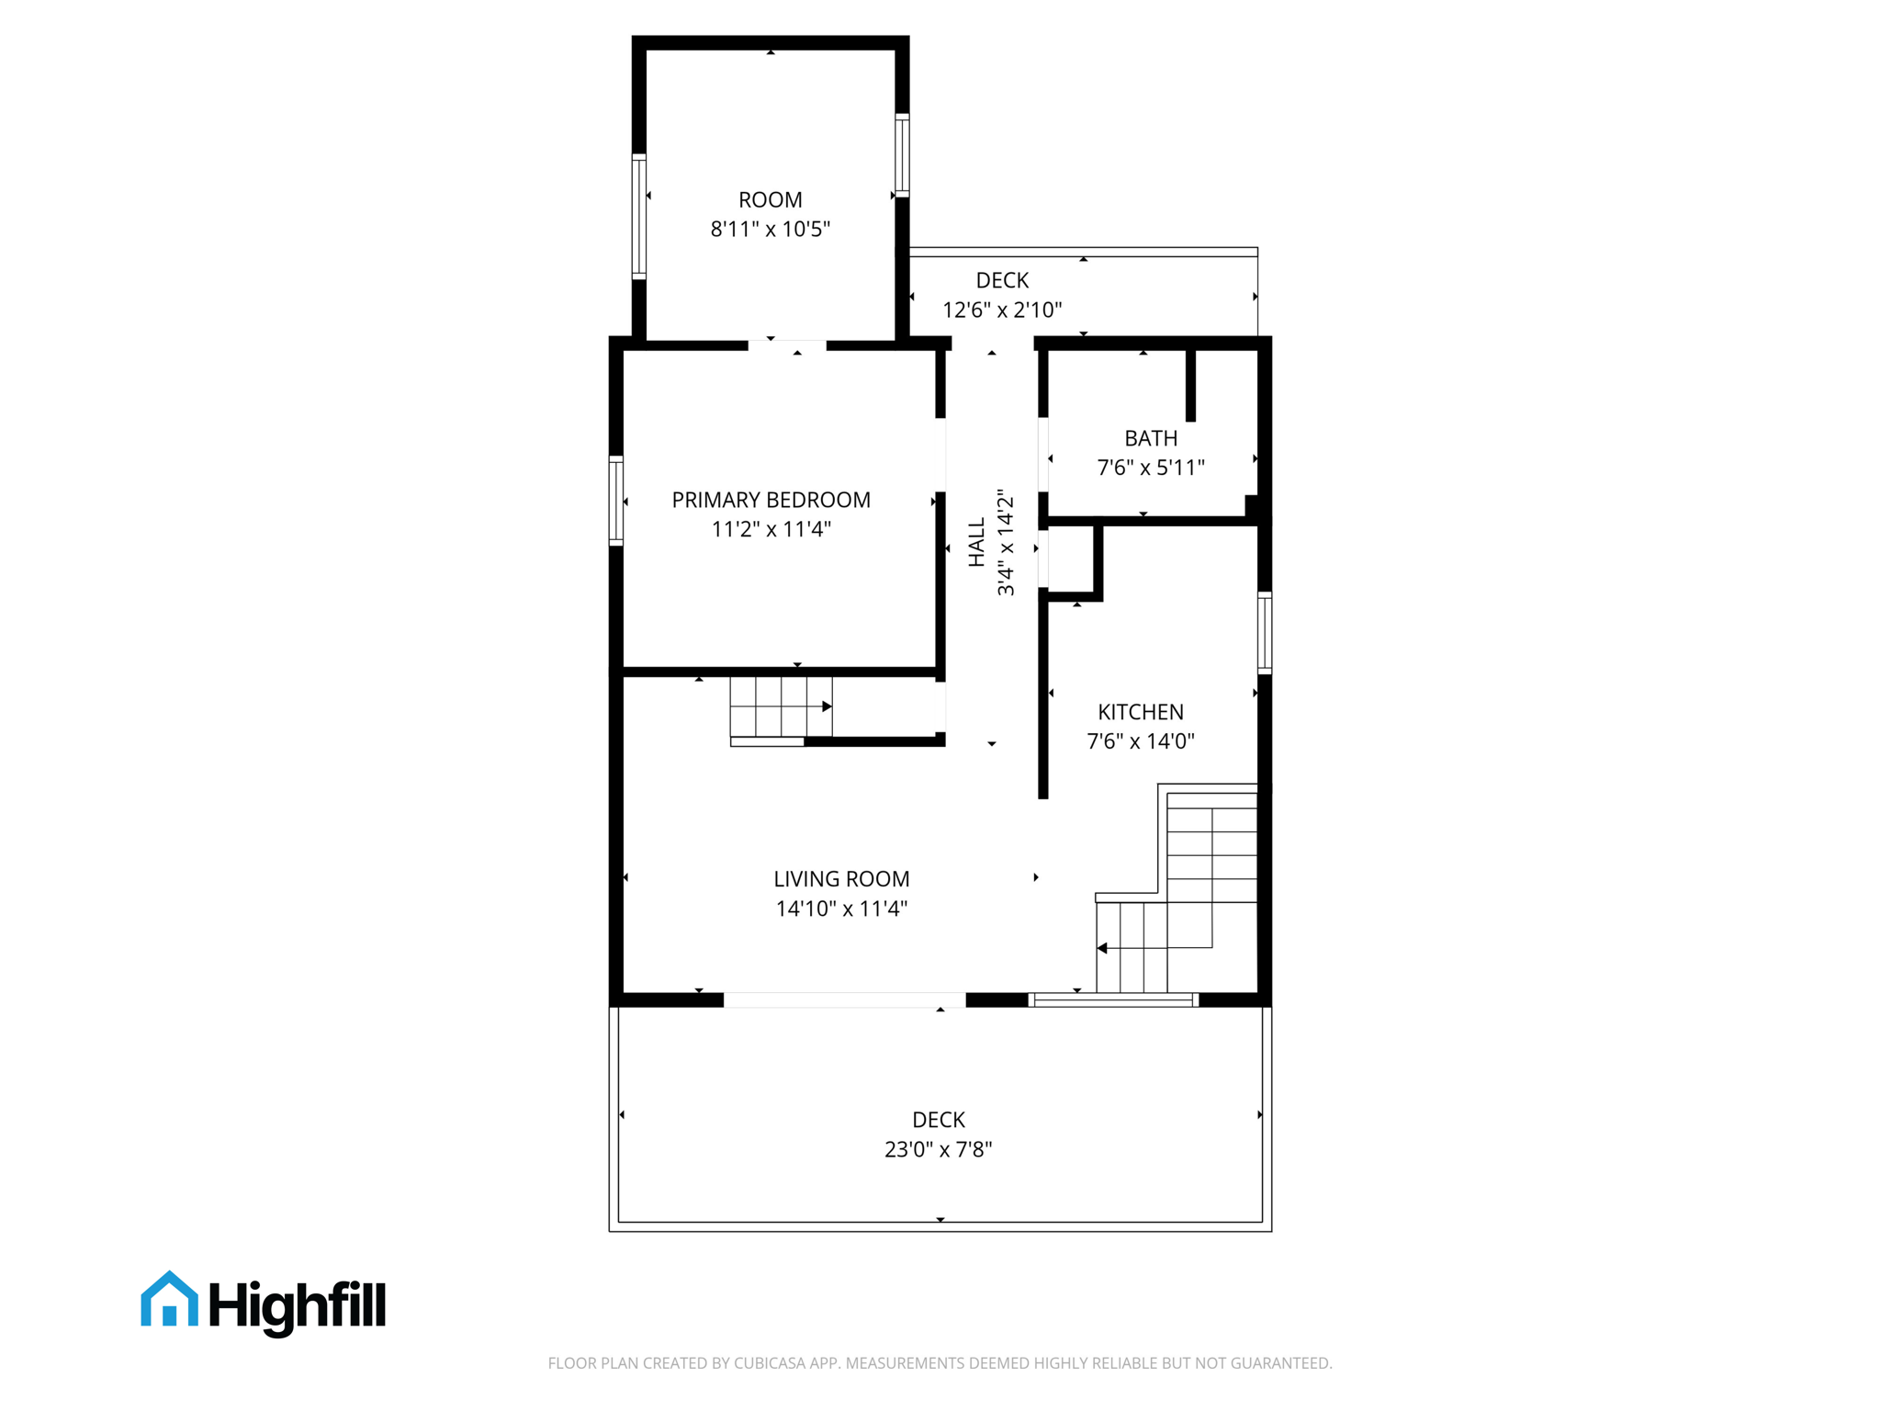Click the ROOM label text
[x=770, y=199]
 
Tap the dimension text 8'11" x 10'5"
[x=770, y=229]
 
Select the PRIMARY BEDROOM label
[x=771, y=500]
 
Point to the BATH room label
[x=1150, y=438]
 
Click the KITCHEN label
[x=1140, y=712]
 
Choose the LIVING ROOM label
[x=840, y=879]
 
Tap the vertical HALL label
[x=976, y=542]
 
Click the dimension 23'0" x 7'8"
[x=938, y=1149]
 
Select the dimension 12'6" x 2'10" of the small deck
[x=1001, y=310]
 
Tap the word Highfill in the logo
[x=298, y=1304]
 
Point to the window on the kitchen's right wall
[x=1265, y=633]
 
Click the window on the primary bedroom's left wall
[x=616, y=501]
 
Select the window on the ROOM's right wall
[x=902, y=155]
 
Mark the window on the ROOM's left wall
[x=639, y=217]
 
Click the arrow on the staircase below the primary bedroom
[x=827, y=706]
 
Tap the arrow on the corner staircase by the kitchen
[x=1102, y=948]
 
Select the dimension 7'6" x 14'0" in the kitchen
[x=1140, y=741]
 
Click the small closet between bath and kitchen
[x=1071, y=559]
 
